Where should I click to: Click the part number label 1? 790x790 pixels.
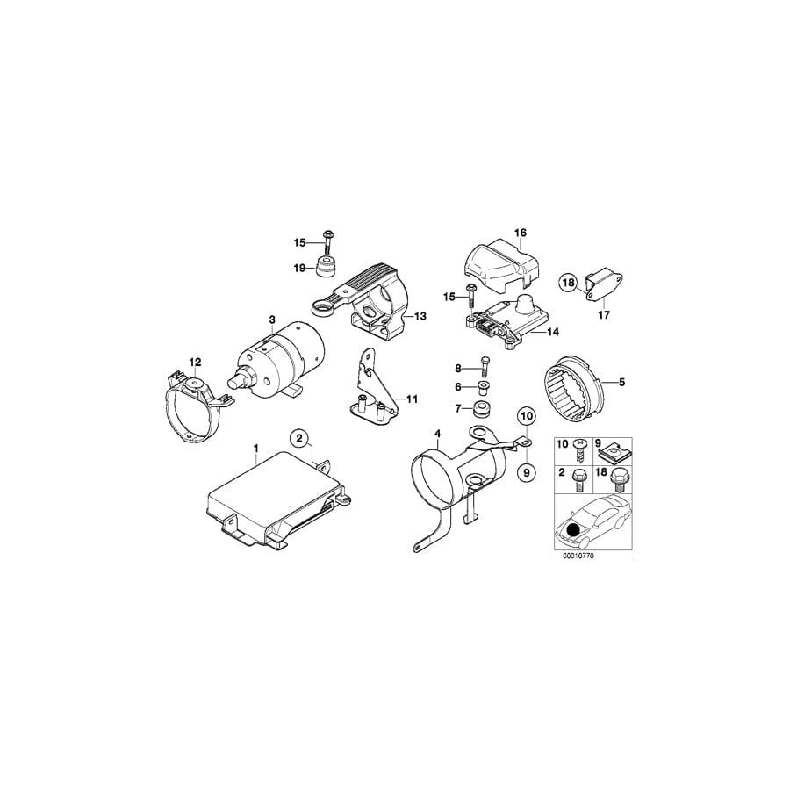[255, 448]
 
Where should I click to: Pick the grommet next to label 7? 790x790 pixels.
[482, 410]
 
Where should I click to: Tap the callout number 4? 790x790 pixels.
[436, 433]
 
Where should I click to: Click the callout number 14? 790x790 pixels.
[552, 333]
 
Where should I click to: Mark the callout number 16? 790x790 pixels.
[520, 233]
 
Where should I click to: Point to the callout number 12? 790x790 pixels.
[195, 362]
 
